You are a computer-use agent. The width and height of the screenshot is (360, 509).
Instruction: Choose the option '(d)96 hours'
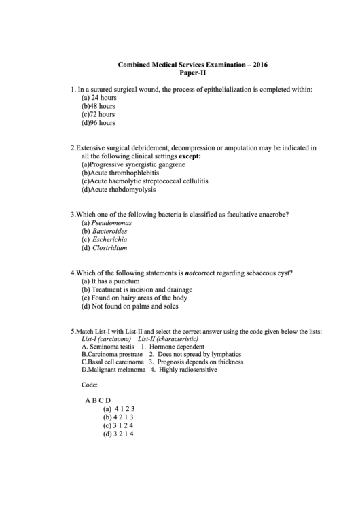click(98, 123)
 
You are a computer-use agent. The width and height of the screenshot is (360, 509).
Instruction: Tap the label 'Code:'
click(90, 385)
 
